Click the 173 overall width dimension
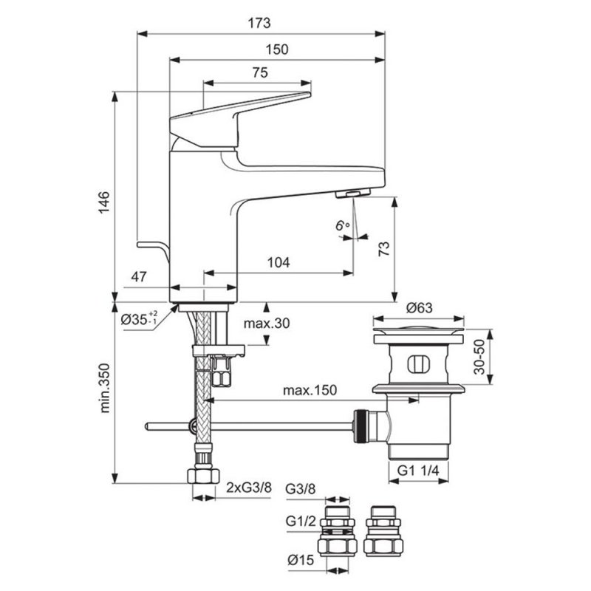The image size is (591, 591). (x=259, y=24)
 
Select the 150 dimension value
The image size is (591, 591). (x=277, y=49)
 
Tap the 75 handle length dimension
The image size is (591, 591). (x=261, y=72)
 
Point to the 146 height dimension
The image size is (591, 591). (x=103, y=202)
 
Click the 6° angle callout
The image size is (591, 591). (x=343, y=225)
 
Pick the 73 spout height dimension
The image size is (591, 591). (x=384, y=249)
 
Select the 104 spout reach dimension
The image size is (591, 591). (x=279, y=262)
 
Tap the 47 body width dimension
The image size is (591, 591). (x=139, y=276)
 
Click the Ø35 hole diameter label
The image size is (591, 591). (x=139, y=319)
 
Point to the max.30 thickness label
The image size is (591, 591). (x=267, y=323)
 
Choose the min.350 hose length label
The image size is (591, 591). (x=104, y=388)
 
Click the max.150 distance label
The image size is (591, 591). (x=310, y=390)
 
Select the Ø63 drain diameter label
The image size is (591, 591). (x=419, y=308)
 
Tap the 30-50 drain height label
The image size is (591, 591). (x=479, y=357)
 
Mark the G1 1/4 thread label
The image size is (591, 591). (x=418, y=471)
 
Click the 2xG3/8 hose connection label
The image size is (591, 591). (x=248, y=488)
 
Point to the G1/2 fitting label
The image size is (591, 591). (x=301, y=521)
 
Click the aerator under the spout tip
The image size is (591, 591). (x=353, y=194)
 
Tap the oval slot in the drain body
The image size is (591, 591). (x=418, y=364)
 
